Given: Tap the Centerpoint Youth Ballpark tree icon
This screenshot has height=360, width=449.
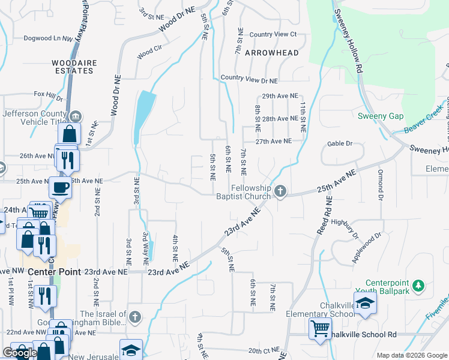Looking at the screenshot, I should [x=420, y=286].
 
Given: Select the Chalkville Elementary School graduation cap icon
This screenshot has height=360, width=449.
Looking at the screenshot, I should [x=365, y=304].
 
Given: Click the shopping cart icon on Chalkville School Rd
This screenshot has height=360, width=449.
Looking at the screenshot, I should [x=320, y=328].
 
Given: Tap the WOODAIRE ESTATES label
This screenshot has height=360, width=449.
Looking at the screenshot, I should [x=73, y=66].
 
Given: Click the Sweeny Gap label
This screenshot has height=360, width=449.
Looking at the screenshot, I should [x=381, y=116].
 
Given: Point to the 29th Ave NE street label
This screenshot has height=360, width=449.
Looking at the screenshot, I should [x=280, y=96].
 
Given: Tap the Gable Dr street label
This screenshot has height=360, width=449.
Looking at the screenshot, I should [x=340, y=144].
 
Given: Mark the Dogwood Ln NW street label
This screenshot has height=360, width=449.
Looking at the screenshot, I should [x=47, y=38].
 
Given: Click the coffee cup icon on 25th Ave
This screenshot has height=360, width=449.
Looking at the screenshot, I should [x=60, y=187].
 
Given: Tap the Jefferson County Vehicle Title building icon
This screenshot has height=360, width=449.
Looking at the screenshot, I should [x=76, y=116].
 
